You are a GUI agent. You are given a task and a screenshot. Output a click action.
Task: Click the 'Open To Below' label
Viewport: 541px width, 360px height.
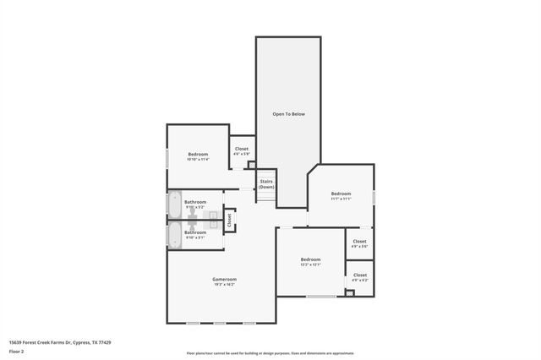[287, 113]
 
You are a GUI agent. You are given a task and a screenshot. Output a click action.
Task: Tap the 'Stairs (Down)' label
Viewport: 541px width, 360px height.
[266, 183]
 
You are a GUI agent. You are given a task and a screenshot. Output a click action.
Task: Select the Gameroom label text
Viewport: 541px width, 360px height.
[224, 279]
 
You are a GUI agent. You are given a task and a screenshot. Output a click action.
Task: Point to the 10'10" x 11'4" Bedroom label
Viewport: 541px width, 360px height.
[198, 154]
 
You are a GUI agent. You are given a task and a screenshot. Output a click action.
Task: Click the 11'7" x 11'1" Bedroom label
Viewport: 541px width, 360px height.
[341, 194]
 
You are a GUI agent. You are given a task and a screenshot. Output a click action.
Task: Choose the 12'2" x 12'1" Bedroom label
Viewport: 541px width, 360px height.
[310, 259]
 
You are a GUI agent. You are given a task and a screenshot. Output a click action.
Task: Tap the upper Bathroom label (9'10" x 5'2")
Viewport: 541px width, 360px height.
[195, 202]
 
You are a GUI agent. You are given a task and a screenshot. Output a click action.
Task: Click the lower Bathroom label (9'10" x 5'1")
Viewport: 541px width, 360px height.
[195, 232]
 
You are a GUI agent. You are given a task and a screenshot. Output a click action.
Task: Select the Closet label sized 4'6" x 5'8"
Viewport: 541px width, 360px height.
[242, 149]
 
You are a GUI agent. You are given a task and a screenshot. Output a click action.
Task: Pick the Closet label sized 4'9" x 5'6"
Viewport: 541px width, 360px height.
[359, 241]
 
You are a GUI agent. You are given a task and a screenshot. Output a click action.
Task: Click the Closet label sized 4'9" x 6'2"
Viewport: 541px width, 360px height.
[359, 275]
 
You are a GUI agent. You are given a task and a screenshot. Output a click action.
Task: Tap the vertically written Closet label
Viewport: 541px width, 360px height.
[229, 220]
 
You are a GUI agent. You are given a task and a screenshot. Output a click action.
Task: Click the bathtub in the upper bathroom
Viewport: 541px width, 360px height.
[174, 205]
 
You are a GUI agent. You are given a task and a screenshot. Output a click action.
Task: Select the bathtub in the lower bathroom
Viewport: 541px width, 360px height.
[174, 233]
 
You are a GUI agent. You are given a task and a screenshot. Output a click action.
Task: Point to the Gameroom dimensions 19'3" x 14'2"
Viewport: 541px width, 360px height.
[224, 285]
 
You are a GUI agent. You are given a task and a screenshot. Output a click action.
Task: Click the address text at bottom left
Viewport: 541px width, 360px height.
[60, 342]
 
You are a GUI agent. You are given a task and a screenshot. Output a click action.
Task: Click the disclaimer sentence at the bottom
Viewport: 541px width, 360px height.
[270, 353]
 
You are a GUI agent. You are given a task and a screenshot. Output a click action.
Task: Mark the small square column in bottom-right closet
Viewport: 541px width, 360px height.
[348, 293]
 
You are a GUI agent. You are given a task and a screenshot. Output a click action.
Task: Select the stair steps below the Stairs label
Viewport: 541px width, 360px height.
[266, 197]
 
